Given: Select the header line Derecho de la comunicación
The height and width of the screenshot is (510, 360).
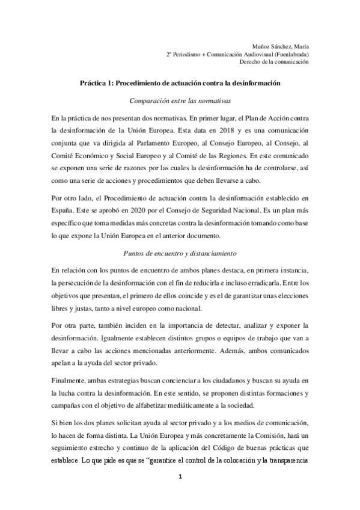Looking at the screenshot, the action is [x=273, y=61].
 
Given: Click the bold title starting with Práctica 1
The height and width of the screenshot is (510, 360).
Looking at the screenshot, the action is [x=180, y=84].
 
